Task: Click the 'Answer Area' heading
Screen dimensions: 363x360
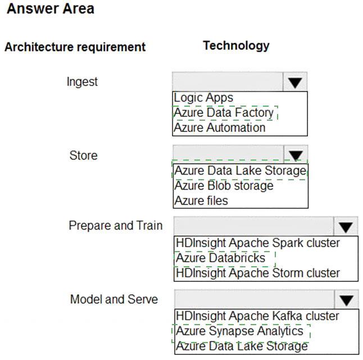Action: point(51,9)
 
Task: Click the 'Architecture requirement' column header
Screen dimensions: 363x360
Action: point(75,47)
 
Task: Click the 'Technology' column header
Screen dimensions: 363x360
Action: point(236,45)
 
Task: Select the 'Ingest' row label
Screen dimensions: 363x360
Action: point(82,82)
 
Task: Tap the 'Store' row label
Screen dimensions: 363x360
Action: point(83,155)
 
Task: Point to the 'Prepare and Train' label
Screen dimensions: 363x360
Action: point(116,226)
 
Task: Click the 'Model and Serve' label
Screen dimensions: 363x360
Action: point(114,299)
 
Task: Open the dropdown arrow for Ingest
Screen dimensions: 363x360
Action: point(295,83)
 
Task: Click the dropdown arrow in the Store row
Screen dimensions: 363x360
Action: point(296,154)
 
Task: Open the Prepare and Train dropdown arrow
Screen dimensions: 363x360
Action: point(346,227)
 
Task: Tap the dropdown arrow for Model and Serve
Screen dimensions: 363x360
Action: point(347,300)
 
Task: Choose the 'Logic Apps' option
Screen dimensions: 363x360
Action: point(203,98)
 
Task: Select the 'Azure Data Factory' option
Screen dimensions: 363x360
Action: point(224,113)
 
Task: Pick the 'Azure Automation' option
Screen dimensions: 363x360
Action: point(220,127)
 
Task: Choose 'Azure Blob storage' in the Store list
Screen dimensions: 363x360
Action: point(224,186)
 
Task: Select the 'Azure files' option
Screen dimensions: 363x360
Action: point(201,200)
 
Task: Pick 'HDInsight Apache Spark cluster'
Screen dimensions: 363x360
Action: point(258,243)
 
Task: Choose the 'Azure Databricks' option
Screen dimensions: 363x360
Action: point(220,258)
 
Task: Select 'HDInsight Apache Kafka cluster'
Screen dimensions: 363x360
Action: point(257,316)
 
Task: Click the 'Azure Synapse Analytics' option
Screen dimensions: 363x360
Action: point(239,331)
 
